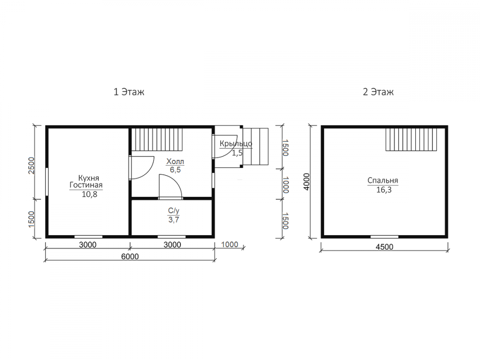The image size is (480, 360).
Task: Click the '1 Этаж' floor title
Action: (x=129, y=92)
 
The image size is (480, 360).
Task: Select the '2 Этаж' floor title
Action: (x=378, y=92)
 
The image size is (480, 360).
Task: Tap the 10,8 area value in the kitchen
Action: (x=89, y=194)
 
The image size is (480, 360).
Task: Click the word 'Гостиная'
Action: (x=86, y=185)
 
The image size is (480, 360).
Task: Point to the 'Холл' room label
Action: (x=175, y=161)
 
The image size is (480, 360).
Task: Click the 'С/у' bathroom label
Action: (x=174, y=211)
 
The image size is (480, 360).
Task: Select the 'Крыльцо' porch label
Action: (x=236, y=144)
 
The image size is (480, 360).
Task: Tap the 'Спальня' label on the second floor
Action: (x=383, y=180)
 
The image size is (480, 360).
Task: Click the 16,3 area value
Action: (x=384, y=190)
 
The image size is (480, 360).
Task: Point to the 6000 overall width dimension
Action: (x=130, y=256)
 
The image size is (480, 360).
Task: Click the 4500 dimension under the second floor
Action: (x=384, y=247)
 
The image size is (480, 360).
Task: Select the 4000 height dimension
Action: (x=306, y=181)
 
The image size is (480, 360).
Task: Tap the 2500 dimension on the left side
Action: (x=32, y=165)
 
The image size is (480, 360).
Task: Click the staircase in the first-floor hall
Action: (x=157, y=139)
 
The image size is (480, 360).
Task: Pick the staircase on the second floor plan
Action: (x=411, y=139)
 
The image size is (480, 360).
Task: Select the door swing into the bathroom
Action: (x=170, y=186)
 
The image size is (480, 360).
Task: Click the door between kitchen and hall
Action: (x=142, y=168)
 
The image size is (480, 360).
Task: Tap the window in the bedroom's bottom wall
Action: (x=384, y=237)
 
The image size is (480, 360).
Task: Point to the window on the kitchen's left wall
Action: (x=47, y=181)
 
